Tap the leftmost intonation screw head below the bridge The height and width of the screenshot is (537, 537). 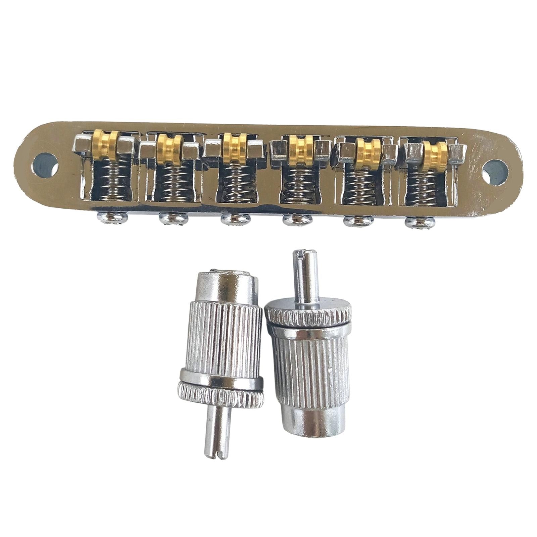point(105,216)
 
